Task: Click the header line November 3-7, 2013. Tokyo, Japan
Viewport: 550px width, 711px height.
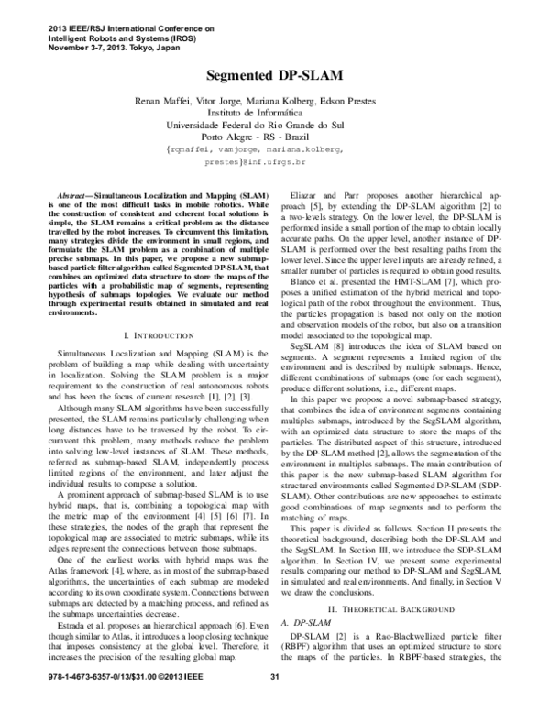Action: tap(102, 47)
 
